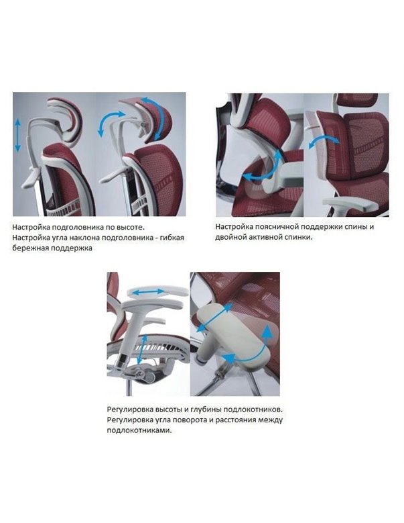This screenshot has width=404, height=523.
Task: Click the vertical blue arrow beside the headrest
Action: pyautogui.click(x=17, y=136)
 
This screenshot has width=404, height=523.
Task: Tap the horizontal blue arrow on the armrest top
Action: pyautogui.click(x=148, y=292)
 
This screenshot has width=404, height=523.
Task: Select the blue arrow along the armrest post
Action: pyautogui.click(x=142, y=350)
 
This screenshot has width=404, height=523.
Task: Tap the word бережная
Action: pyautogui.click(x=29, y=248)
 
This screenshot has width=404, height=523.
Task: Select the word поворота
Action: pyautogui.click(x=190, y=420)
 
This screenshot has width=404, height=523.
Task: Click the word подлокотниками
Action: pyautogui.click(x=140, y=430)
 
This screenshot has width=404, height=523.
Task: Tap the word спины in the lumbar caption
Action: pyautogui.click(x=356, y=227)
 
